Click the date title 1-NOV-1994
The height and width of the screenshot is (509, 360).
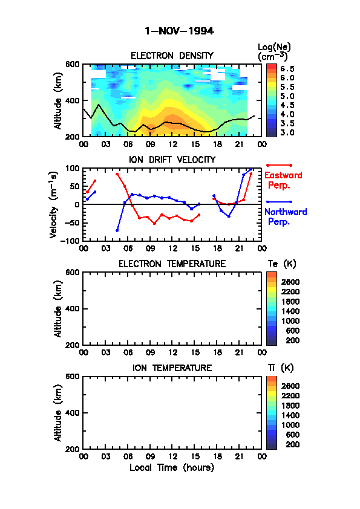179,31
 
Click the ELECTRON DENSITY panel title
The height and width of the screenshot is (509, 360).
172,56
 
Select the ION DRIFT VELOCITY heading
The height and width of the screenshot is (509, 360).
172,160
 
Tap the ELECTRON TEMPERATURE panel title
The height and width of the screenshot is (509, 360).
172,264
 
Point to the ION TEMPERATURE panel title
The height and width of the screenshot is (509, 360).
172,368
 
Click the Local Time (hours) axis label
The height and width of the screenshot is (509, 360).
172,467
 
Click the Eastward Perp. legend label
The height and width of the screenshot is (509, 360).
283,180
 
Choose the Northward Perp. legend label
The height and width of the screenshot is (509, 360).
286,217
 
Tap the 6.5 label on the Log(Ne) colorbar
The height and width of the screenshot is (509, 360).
287,69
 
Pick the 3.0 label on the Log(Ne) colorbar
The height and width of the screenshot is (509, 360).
287,132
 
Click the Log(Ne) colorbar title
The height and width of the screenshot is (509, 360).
274,52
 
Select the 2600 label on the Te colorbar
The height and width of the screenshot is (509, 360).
290,282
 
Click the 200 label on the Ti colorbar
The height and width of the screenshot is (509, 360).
292,444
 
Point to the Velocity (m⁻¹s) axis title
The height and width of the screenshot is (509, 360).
54,204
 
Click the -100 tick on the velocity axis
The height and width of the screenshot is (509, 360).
72,241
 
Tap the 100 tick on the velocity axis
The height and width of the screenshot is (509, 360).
73,168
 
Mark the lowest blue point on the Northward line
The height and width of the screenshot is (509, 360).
117,230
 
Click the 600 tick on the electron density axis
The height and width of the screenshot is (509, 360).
72,64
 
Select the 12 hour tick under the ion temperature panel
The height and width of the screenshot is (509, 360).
172,456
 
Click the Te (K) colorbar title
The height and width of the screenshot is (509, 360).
282,264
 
